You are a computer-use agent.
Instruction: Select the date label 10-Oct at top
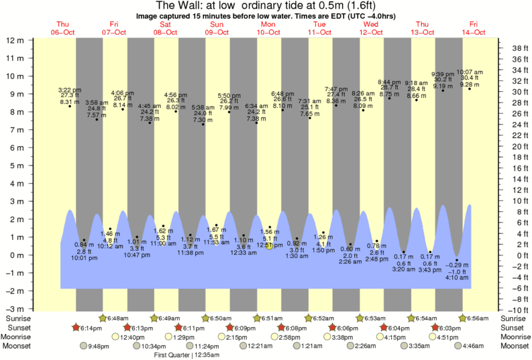(268, 32)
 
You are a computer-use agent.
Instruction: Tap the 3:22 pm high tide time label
(69, 89)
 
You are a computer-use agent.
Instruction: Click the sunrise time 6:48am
(118, 318)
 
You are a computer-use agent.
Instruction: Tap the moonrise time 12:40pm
(134, 337)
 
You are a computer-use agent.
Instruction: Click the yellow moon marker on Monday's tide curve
(268, 245)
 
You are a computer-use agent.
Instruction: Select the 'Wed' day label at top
(371, 24)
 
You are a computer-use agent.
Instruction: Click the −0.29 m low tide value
(457, 266)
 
